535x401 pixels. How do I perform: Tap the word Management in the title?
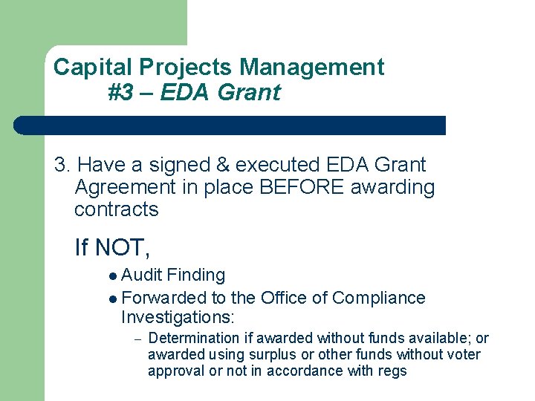(x=312, y=68)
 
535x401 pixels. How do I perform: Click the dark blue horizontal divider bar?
(x=230, y=125)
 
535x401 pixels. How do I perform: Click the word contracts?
(x=116, y=209)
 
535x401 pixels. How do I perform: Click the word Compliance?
(x=378, y=298)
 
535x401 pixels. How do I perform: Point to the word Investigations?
(x=177, y=318)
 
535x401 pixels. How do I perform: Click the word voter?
(x=462, y=355)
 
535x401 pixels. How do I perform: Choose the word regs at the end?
(x=392, y=371)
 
